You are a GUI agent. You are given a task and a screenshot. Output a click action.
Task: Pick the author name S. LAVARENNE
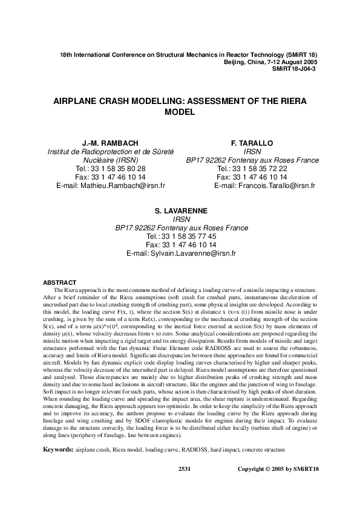pyautogui.click(x=181, y=211)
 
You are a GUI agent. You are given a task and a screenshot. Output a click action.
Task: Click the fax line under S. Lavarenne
pyautogui.click(x=181, y=245)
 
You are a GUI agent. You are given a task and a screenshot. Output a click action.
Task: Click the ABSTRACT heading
pyautogui.click(x=59, y=283)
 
